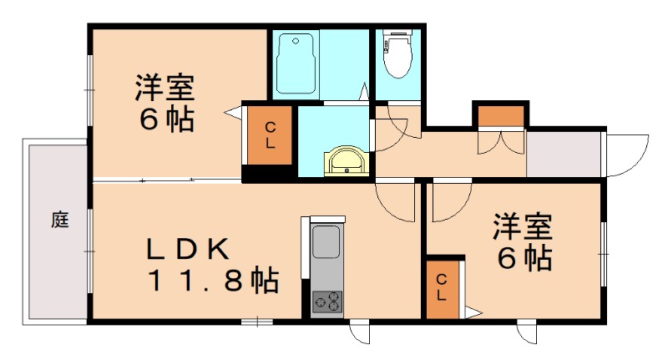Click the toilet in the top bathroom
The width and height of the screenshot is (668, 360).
point(396,53)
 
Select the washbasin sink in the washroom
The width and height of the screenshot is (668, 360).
point(345,160)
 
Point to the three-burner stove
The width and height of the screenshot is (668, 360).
point(326,302)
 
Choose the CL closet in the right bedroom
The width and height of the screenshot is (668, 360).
point(441,288)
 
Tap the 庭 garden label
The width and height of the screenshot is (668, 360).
point(58,221)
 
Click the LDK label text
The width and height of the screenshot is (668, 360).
point(187,249)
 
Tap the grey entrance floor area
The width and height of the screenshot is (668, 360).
point(563,154)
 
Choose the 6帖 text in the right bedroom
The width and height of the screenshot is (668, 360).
point(524,258)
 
